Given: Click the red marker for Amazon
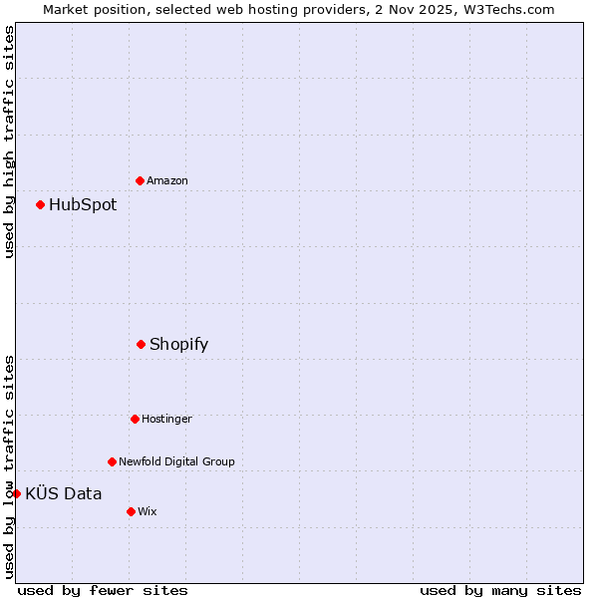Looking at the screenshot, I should [x=140, y=180].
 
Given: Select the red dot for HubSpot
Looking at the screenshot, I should [x=40, y=204].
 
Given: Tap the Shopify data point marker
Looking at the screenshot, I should [x=141, y=344].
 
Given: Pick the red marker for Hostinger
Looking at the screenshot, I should [x=135, y=419].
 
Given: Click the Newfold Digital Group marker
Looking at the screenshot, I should [x=112, y=461].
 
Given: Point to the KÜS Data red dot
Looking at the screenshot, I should [x=16, y=493].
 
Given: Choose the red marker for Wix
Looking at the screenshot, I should [x=131, y=511].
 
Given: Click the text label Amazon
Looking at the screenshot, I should [x=167, y=180].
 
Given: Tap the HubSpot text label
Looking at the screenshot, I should [x=83, y=205].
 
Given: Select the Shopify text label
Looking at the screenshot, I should [x=178, y=345].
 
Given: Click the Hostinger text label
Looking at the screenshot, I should [x=166, y=419].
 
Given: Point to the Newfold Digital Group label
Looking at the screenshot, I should [x=176, y=461].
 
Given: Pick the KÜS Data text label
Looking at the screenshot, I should [x=64, y=494].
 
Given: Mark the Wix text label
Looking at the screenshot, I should [x=148, y=511].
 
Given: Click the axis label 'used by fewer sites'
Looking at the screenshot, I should [x=103, y=590].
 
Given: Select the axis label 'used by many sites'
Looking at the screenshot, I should [x=500, y=590].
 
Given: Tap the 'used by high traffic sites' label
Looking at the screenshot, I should [x=9, y=142].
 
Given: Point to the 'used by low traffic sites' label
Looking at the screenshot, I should [x=9, y=465].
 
